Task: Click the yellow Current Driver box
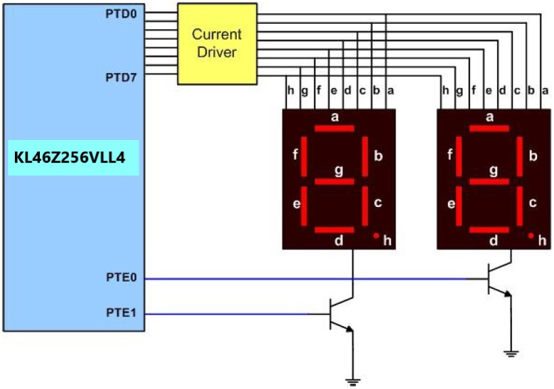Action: tap(217, 43)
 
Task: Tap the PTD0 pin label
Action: tap(122, 14)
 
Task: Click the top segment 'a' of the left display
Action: tap(334, 129)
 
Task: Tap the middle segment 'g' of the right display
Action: tap(489, 181)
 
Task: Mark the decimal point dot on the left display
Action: tap(375, 235)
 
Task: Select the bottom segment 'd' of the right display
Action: tap(489, 230)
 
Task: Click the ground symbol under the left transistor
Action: tap(352, 382)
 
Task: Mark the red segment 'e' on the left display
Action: tap(304, 206)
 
